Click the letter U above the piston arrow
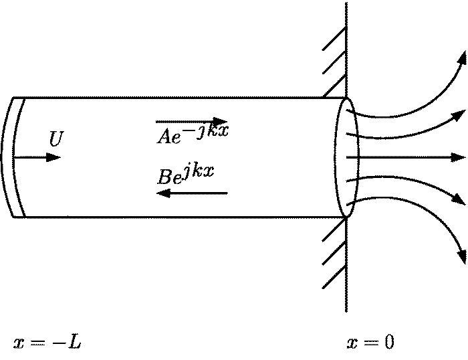(x=56, y=139)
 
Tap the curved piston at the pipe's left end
(x=17, y=157)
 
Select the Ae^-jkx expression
(x=193, y=133)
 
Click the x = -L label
(x=47, y=343)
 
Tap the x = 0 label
(x=370, y=343)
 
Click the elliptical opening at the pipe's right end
(x=345, y=157)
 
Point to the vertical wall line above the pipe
(x=346, y=47)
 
